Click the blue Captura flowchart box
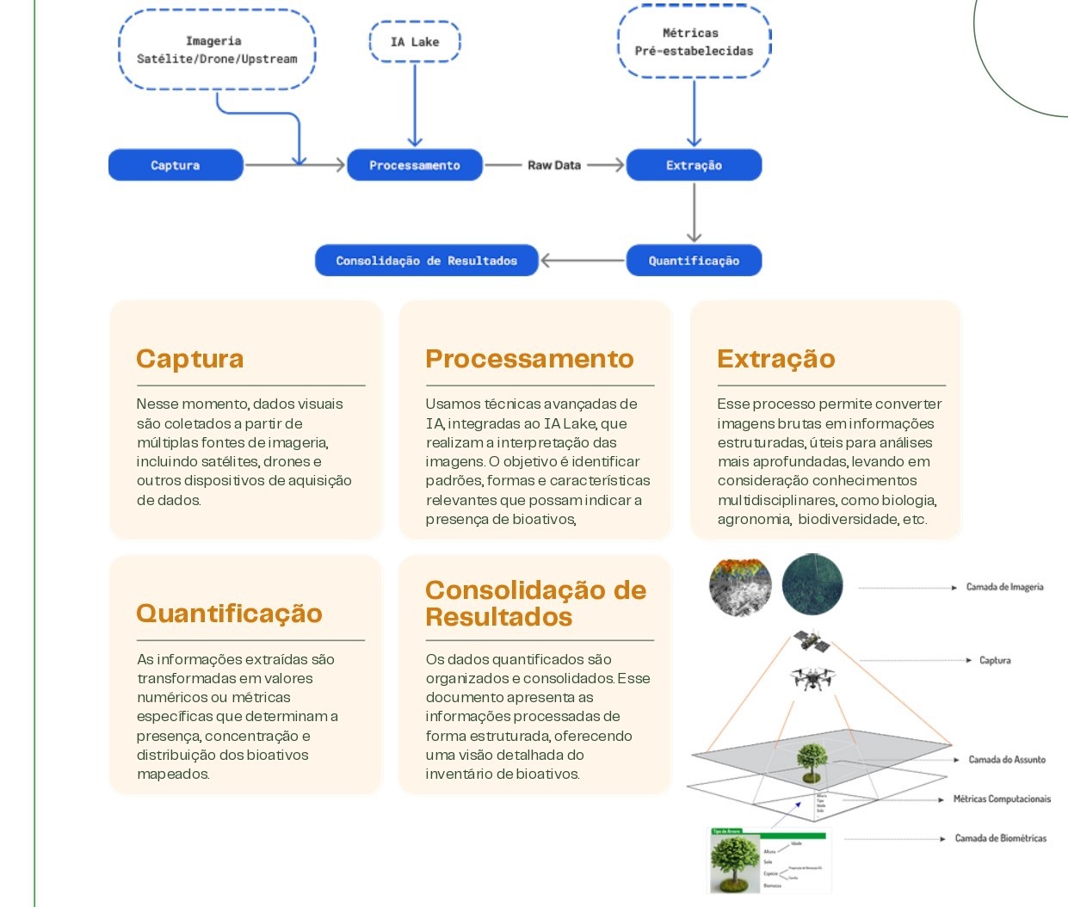(176, 165)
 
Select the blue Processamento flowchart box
(415, 165)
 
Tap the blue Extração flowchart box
(694, 165)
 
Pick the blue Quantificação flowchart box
(694, 261)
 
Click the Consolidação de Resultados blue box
(426, 261)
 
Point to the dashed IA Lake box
(415, 41)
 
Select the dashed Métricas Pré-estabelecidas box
(694, 42)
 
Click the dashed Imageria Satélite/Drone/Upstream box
(217, 50)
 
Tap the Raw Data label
(554, 165)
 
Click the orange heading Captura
(190, 359)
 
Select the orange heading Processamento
(529, 359)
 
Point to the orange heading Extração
(776, 359)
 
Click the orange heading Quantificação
(229, 613)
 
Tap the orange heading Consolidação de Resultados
(535, 603)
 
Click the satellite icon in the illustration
(811, 641)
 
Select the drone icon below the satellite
(810, 678)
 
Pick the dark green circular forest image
(812, 584)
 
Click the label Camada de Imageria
(1004, 587)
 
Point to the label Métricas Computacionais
(1002, 799)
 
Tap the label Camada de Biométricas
(1001, 838)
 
